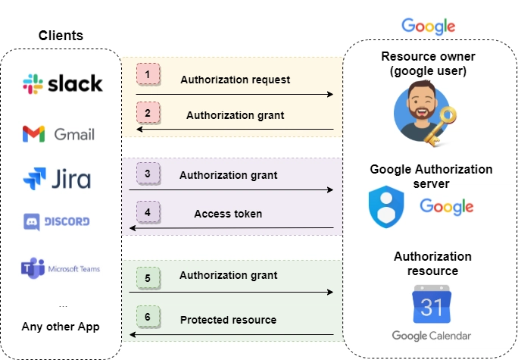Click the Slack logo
tap(62, 83)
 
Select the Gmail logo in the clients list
tap(59, 134)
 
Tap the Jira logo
tap(57, 180)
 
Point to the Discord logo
tap(58, 221)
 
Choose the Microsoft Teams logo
tap(60, 268)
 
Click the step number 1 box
tap(148, 74)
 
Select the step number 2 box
tap(148, 112)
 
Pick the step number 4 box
tap(148, 211)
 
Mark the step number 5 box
tap(148, 278)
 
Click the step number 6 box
tap(148, 316)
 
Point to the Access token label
tap(228, 214)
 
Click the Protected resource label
tap(228, 320)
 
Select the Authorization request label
tap(235, 80)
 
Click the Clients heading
tap(61, 36)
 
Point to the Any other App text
tap(61, 327)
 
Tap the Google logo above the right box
tap(428, 26)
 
